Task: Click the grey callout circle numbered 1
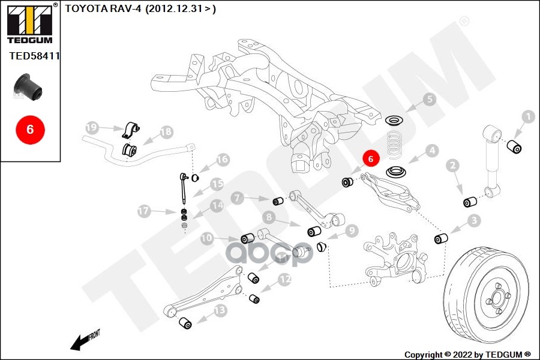pos(528,117)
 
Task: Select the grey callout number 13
pos(220,310)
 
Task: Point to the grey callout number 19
pos(91,128)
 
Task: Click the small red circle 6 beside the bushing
pos(371,160)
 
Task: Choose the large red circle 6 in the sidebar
pos(30,128)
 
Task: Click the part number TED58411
pos(34,56)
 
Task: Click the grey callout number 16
pos(223,160)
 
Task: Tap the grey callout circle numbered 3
pos(474,221)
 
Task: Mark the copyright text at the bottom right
pos(467,354)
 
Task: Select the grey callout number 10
pos(207,238)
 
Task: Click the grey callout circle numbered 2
pos(453,165)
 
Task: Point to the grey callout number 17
pos(143,211)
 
